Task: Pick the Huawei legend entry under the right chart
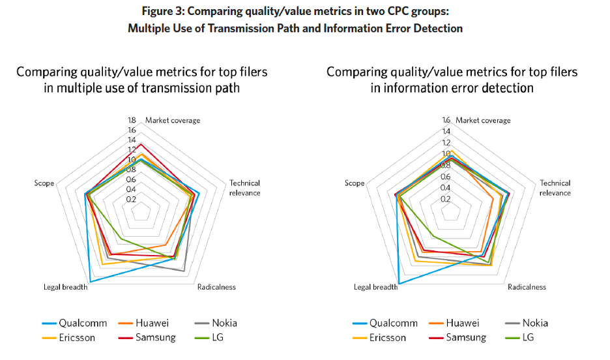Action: [x=463, y=323]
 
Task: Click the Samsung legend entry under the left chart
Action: [x=156, y=337]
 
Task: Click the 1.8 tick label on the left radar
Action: [x=132, y=121]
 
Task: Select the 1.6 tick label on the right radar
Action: [x=446, y=121]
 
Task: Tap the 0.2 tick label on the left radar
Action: [x=132, y=199]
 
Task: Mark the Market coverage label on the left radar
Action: [x=173, y=121]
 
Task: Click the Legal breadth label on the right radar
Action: [x=375, y=287]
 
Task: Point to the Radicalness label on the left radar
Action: [x=216, y=287]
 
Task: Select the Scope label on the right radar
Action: [x=355, y=183]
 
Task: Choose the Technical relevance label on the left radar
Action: [x=244, y=188]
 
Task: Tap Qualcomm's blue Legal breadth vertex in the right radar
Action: [x=399, y=284]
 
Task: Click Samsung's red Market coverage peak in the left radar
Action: [x=141, y=144]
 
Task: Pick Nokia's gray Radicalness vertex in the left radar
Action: [x=184, y=270]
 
